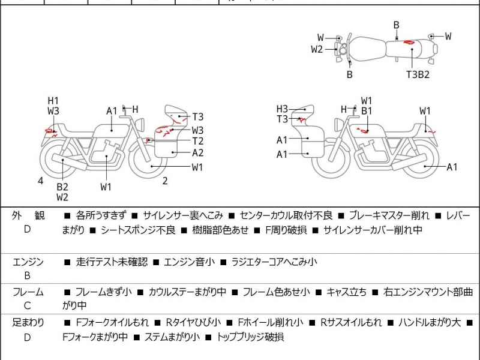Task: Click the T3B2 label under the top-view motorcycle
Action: (418, 74)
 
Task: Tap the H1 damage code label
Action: (53, 100)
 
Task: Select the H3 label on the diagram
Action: (283, 109)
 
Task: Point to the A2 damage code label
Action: (198, 152)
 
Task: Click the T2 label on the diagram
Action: (198, 141)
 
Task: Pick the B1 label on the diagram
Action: (367, 111)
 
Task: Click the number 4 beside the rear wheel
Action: (40, 180)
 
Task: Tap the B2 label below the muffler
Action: (62, 187)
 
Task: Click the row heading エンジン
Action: (28, 262)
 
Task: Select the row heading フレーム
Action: (28, 292)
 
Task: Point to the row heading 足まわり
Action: (28, 322)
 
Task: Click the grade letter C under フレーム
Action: (28, 307)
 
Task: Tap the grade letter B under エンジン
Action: (28, 276)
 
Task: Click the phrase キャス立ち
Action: (346, 292)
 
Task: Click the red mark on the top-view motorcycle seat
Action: (408, 43)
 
